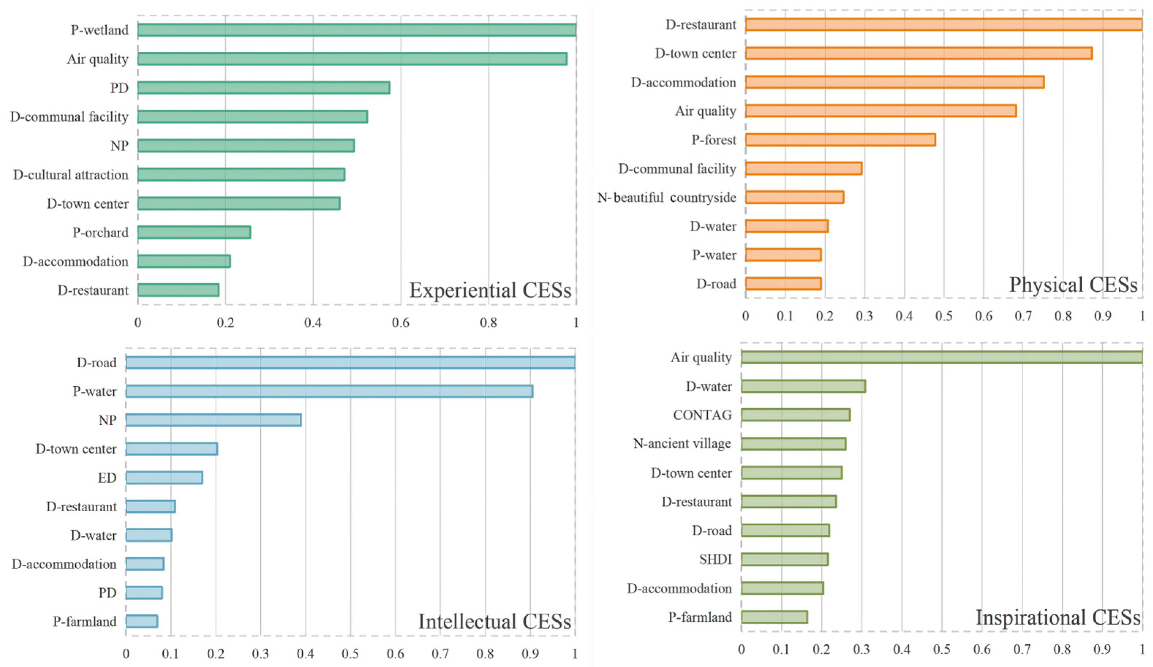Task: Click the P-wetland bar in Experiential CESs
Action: tap(357, 30)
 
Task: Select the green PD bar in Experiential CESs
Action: tap(264, 87)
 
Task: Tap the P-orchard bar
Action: tap(194, 232)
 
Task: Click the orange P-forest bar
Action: tap(840, 140)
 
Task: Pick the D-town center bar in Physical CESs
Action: tap(919, 53)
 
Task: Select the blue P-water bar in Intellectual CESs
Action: tap(329, 391)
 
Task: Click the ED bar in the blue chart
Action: tap(164, 478)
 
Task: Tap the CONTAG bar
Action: tap(796, 415)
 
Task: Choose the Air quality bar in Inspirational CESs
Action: tap(942, 357)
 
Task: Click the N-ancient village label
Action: tap(682, 444)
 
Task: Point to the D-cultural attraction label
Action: tap(71, 175)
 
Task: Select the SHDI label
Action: tap(715, 559)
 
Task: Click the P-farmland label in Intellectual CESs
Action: tap(85, 621)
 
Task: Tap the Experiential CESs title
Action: tap(490, 291)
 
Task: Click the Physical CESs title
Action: tap(1073, 285)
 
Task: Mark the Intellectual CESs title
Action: tap(495, 622)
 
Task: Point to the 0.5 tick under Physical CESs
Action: tap(944, 316)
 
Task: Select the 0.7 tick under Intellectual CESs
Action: tap(440, 653)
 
